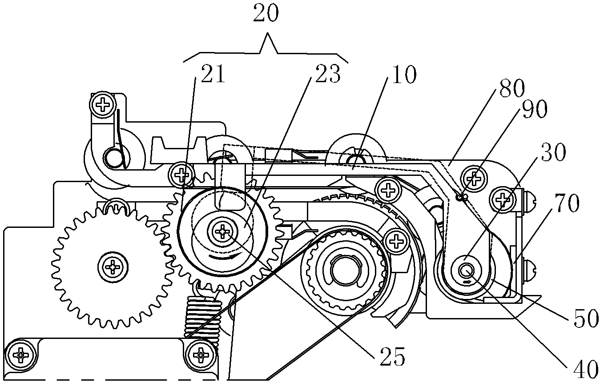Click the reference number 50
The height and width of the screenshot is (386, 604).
pyautogui.click(x=583, y=319)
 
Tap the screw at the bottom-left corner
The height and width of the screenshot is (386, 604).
pyautogui.click(x=21, y=354)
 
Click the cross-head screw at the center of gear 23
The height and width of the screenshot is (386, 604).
pyautogui.click(x=221, y=231)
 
